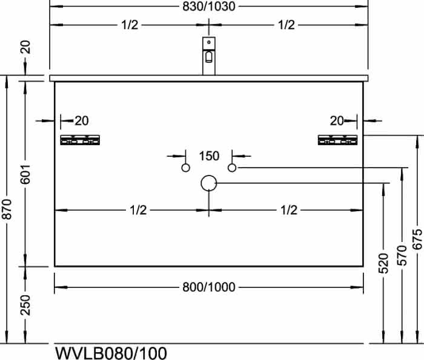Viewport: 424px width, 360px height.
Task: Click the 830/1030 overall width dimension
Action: [x=209, y=7]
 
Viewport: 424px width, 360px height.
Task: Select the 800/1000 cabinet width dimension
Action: [x=209, y=287]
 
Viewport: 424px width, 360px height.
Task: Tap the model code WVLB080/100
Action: [x=111, y=353]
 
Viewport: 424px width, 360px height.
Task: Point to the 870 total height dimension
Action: [x=7, y=209]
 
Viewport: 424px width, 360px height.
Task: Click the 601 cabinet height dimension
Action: [x=25, y=174]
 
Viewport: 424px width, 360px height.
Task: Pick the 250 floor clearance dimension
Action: [x=25, y=305]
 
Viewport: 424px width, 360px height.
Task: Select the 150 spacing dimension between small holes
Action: [x=209, y=156]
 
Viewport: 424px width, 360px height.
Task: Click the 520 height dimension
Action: [x=383, y=263]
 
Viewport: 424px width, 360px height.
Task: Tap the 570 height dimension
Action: [x=402, y=255]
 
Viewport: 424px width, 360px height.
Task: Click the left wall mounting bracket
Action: [x=80, y=140]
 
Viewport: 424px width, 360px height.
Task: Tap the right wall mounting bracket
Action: [x=338, y=140]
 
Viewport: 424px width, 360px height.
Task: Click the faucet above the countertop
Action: [x=209, y=56]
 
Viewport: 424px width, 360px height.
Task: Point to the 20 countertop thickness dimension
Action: [x=25, y=47]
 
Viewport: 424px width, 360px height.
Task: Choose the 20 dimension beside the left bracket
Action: [x=82, y=121]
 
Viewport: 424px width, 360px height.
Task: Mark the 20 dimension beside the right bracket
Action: [x=337, y=121]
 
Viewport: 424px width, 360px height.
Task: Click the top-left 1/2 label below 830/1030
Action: [x=130, y=25]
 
